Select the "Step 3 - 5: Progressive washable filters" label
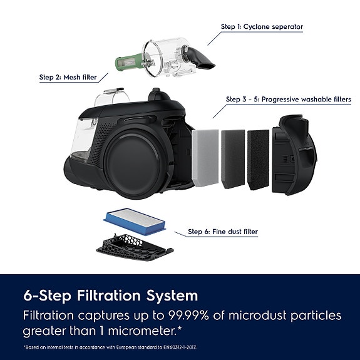[288, 99]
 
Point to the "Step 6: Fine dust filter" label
[223, 232]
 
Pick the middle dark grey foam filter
[233, 158]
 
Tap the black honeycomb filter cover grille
[133, 247]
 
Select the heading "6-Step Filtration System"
[110, 296]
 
